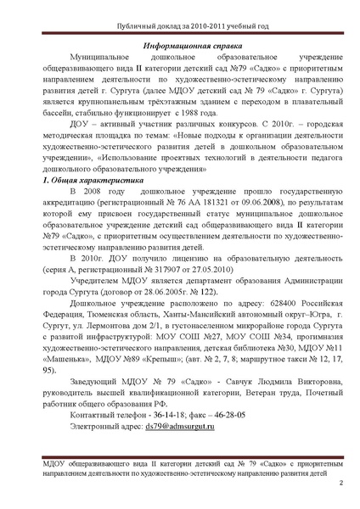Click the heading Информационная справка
pos(180,41)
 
